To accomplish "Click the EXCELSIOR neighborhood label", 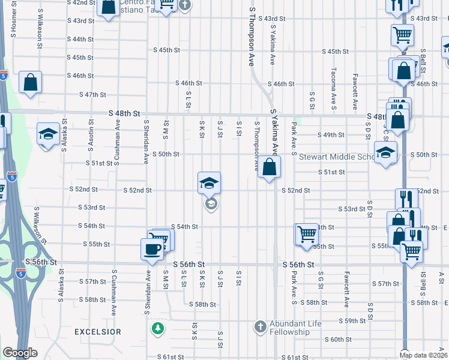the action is [98, 332].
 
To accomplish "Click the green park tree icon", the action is [157, 328].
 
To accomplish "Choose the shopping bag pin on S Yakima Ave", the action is [270, 166].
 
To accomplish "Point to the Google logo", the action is [20, 353].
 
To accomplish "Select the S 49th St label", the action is [331, 136].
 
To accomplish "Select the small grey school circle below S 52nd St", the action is [210, 205].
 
